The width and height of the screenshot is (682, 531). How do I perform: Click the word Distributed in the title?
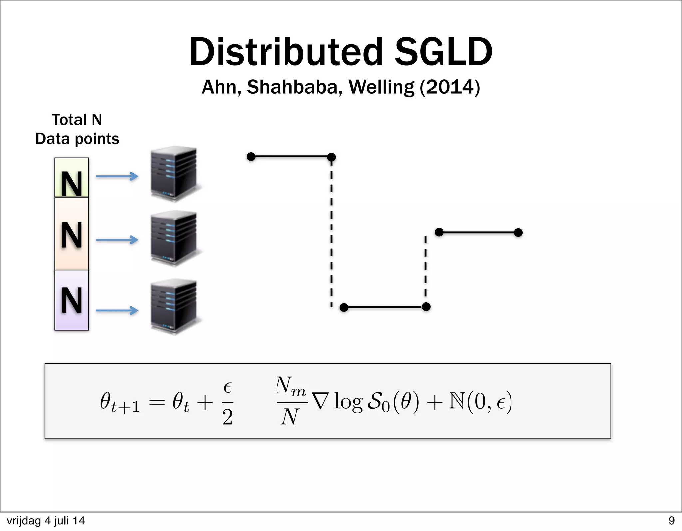point(286,52)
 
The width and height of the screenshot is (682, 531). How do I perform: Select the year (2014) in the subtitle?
point(450,87)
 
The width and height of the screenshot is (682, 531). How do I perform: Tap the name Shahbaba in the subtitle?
point(295,87)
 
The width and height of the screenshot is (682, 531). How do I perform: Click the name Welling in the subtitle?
point(381,87)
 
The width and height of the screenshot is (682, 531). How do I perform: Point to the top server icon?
point(174,173)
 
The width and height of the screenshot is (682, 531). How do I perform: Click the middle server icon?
point(174,238)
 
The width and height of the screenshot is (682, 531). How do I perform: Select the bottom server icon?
point(174,307)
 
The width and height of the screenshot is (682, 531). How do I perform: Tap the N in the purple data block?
point(72,301)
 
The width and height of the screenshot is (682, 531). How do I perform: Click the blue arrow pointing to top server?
point(117,176)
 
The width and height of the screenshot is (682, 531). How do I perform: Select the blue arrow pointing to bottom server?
point(117,311)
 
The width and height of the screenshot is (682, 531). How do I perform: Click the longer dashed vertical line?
point(331,233)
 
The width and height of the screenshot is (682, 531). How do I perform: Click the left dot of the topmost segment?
point(251,156)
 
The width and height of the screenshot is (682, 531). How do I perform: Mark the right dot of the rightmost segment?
point(518,233)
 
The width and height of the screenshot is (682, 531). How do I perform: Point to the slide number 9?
point(671,521)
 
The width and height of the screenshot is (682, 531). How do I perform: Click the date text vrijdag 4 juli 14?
point(46,521)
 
